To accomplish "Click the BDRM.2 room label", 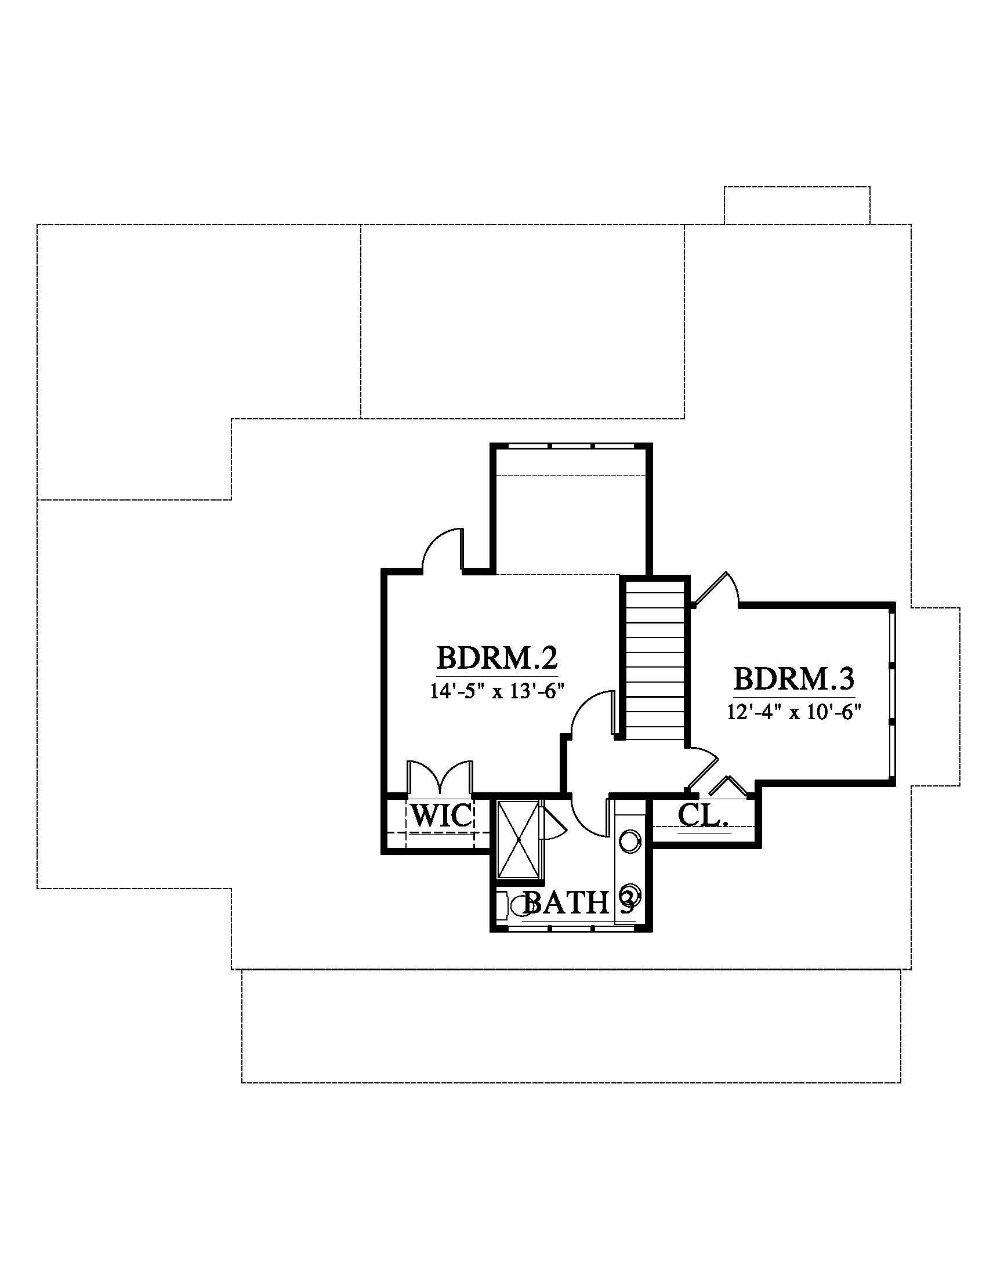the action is (497, 658).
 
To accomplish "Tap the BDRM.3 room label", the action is (794, 680).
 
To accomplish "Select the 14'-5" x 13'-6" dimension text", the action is (497, 691).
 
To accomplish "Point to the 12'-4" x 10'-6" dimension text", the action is (795, 712).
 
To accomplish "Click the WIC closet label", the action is (441, 815).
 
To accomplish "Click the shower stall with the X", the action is (518, 839).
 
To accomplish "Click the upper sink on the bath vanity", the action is (630, 842).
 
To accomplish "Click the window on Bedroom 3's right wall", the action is (891, 694).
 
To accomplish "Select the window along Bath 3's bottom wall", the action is (572, 927).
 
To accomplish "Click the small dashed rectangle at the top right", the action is (797, 205).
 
